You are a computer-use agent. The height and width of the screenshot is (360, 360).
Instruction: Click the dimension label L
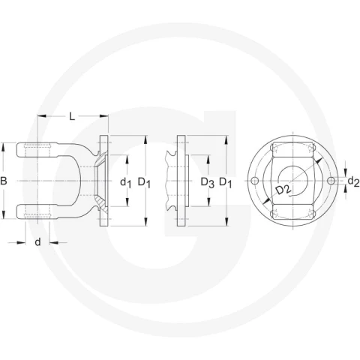pos(72,116)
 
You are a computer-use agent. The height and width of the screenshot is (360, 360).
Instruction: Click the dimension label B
pos(4,181)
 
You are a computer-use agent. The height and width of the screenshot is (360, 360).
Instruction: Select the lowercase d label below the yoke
pos(37,242)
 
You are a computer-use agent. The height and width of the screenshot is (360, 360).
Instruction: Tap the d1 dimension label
pos(125,183)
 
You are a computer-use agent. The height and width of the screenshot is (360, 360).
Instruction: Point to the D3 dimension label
pos(208,183)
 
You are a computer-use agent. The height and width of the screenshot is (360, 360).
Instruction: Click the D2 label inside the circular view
pos(283,190)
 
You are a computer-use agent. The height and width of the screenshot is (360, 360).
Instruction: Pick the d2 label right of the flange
pos(354,181)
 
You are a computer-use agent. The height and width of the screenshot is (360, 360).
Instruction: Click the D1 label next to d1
pos(144,183)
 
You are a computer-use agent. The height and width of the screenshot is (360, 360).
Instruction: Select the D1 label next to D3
pos(226,183)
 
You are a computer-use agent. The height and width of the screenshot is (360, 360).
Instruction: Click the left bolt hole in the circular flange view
pos(254,181)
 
